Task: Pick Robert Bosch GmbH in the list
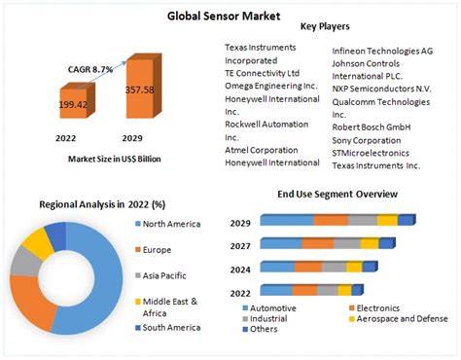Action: (372, 126)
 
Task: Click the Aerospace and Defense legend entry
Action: (403, 318)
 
